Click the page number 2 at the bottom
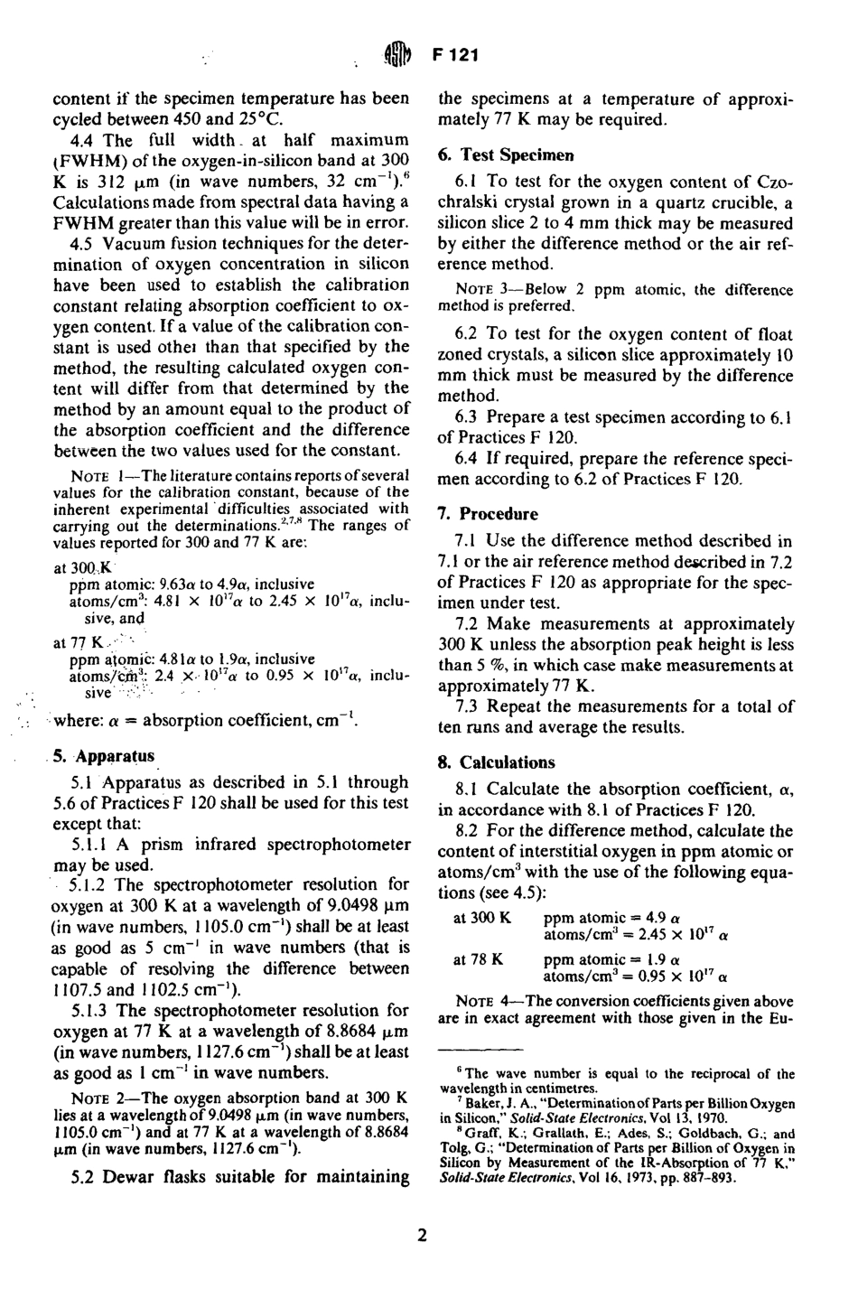(422, 1236)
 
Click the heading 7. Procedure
(488, 514)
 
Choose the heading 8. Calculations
(496, 762)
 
